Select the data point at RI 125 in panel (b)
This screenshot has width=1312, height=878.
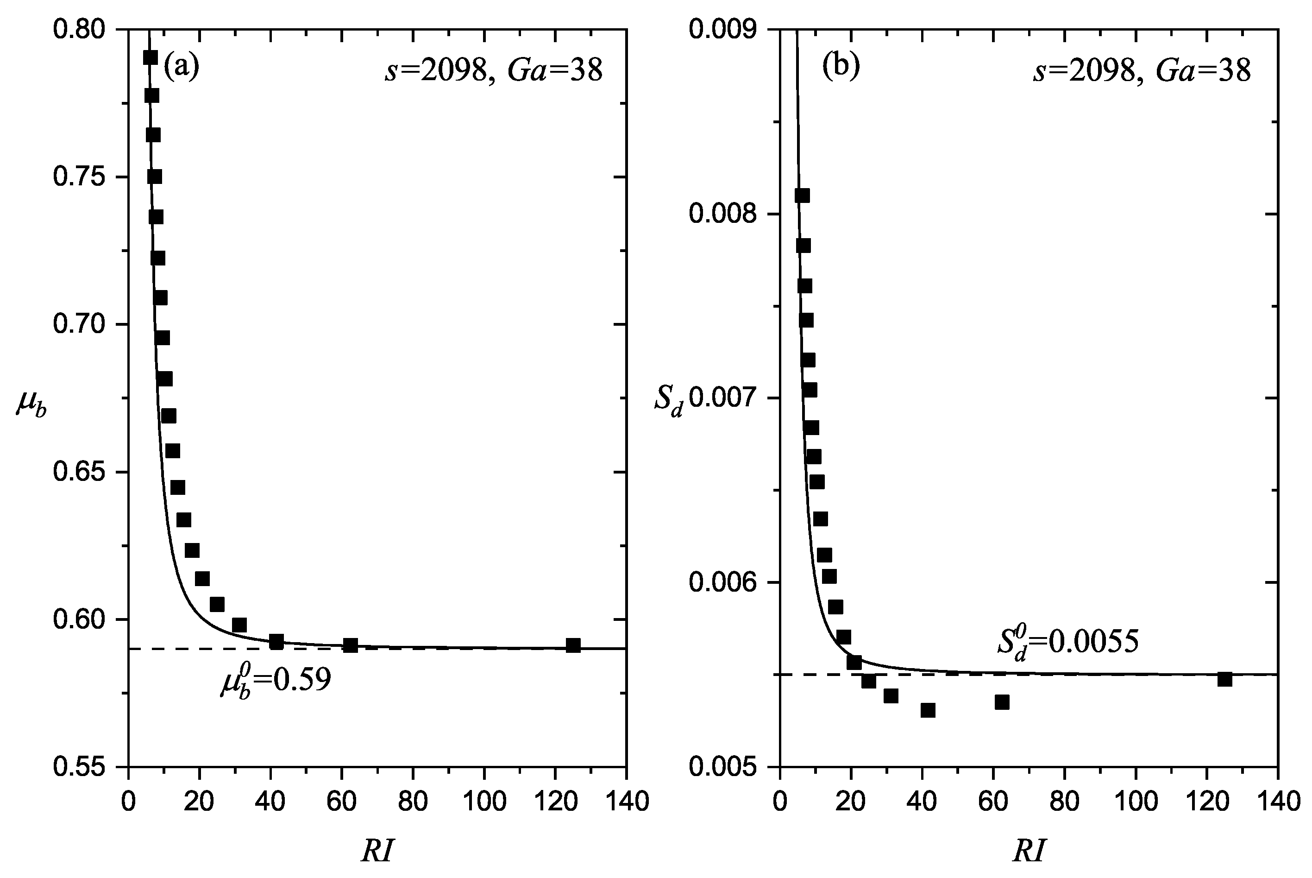click(x=1224, y=679)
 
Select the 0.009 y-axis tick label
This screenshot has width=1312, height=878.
click(x=724, y=29)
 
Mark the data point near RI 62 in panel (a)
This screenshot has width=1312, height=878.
click(x=351, y=645)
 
